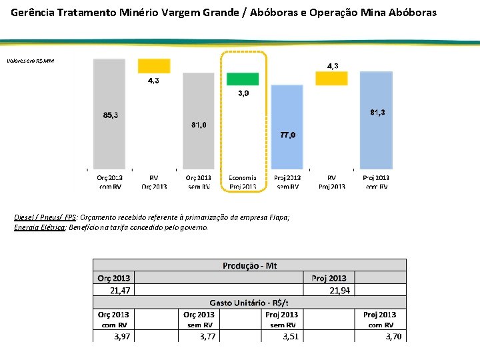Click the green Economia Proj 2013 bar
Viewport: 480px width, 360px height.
[243, 79]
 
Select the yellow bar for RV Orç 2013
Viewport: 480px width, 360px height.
[154, 66]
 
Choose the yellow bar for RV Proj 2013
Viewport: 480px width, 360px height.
[331, 78]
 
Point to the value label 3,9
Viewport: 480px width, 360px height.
[245, 93]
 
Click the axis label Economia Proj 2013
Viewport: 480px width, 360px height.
[243, 182]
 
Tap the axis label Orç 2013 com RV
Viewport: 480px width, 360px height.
[109, 182]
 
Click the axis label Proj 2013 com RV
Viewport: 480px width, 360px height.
[376, 182]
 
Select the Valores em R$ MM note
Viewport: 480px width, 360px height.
[31, 61]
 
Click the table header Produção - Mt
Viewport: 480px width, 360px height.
[249, 265]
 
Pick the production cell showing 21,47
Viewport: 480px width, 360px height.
[120, 290]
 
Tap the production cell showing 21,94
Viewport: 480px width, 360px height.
[339, 290]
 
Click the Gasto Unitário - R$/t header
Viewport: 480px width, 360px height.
[249, 303]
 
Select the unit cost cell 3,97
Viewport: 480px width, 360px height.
[122, 337]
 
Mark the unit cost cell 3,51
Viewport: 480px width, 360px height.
[290, 337]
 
